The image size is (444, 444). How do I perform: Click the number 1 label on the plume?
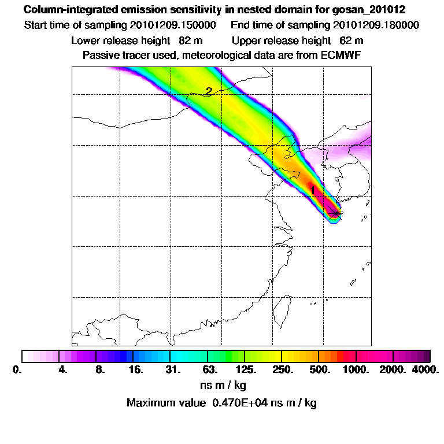(x=313, y=190)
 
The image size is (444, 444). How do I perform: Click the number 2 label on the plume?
(x=209, y=90)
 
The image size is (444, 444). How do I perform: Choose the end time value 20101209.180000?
(x=376, y=25)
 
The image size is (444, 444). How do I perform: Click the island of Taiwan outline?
(x=282, y=309)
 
